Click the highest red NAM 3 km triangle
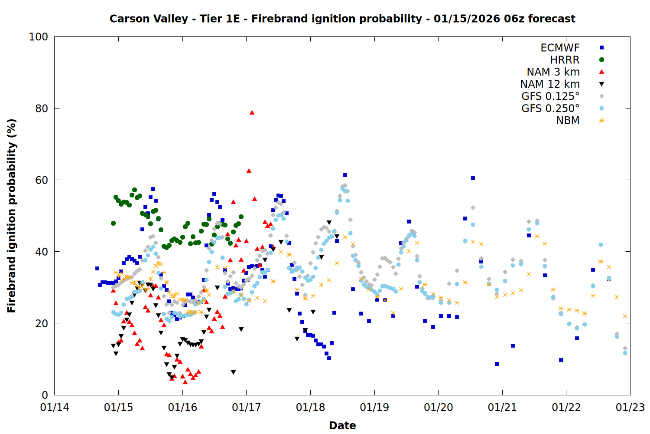tap(252, 112)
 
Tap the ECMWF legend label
tap(560, 48)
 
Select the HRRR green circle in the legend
tap(601, 60)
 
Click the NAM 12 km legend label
tap(550, 84)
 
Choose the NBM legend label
tap(568, 121)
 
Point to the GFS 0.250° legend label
tap(550, 108)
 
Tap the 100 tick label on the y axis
tap(39, 37)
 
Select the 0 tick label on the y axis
tap(45, 395)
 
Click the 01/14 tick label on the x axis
tap(55, 408)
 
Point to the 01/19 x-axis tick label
tap(374, 408)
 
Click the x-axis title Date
tap(342, 425)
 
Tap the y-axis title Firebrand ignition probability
tap(12, 216)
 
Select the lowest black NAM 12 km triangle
tap(233, 372)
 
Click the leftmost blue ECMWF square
tap(97, 268)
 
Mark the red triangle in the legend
tap(601, 72)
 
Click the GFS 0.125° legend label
tap(550, 96)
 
